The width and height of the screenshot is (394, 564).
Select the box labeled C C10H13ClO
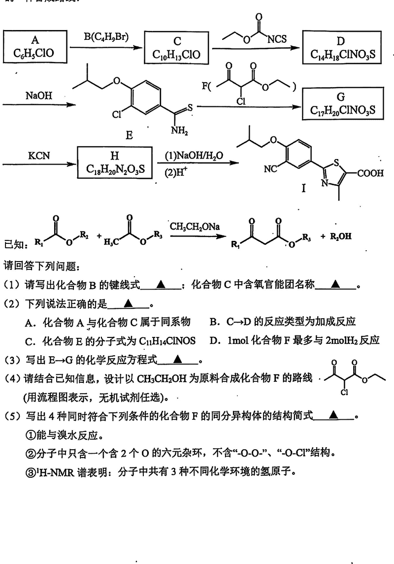177,48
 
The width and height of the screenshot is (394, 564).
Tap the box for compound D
343,48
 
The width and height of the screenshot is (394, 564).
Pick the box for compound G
343,104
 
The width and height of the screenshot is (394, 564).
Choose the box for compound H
114,163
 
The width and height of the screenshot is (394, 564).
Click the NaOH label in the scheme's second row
38,96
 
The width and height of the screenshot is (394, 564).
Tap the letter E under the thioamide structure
129,135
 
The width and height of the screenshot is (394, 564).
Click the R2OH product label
338,236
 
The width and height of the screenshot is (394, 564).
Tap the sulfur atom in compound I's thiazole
335,161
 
